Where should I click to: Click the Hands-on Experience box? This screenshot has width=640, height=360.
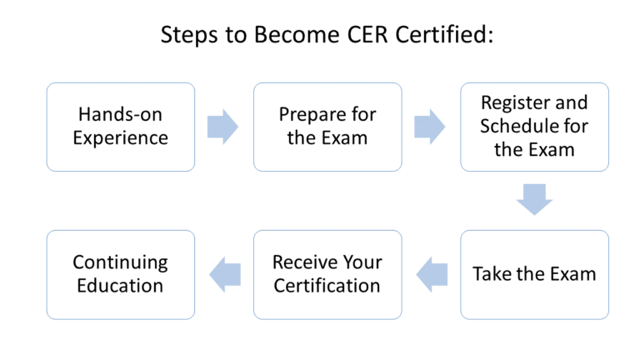[x=121, y=127]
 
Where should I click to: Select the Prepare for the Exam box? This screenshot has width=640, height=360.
[x=327, y=127]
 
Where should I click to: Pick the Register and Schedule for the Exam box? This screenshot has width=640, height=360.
[x=534, y=127]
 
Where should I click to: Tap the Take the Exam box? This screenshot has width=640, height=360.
[x=534, y=274]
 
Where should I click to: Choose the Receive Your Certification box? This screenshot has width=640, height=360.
[x=327, y=274]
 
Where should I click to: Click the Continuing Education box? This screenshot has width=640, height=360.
[x=121, y=274]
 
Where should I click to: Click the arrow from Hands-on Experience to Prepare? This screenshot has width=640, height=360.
[x=223, y=127]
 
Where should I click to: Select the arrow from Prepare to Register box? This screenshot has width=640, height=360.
[x=430, y=127]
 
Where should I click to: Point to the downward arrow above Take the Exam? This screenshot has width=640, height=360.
[x=534, y=200]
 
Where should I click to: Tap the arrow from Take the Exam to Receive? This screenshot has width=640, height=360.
[x=431, y=274]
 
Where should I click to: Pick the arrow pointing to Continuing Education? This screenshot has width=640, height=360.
[x=224, y=274]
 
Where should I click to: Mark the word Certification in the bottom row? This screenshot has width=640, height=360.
[x=327, y=286]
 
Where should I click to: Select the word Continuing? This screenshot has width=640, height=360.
[x=120, y=262]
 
